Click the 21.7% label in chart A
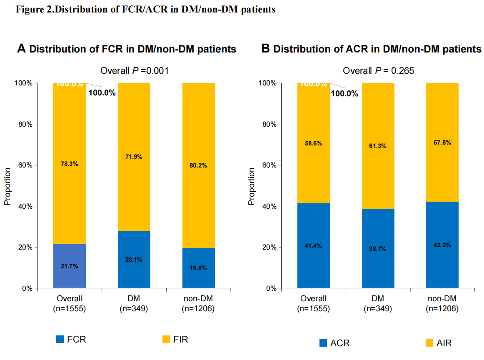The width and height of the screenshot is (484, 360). point(69,266)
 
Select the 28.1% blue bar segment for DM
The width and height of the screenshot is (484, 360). point(134,259)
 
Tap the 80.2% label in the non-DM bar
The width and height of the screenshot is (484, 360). point(198,165)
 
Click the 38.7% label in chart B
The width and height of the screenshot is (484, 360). point(378,249)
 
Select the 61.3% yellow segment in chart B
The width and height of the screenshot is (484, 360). point(378,146)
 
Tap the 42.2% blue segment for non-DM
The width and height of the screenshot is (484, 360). point(442,245)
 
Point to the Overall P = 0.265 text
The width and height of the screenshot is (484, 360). point(378,70)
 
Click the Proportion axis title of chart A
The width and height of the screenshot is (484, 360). point(7,186)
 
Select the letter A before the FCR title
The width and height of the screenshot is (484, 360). point(21,49)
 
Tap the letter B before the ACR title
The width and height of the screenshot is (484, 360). point(265,49)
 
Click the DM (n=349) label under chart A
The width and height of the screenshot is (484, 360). point(134,304)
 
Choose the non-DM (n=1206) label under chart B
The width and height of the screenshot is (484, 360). point(442,304)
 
